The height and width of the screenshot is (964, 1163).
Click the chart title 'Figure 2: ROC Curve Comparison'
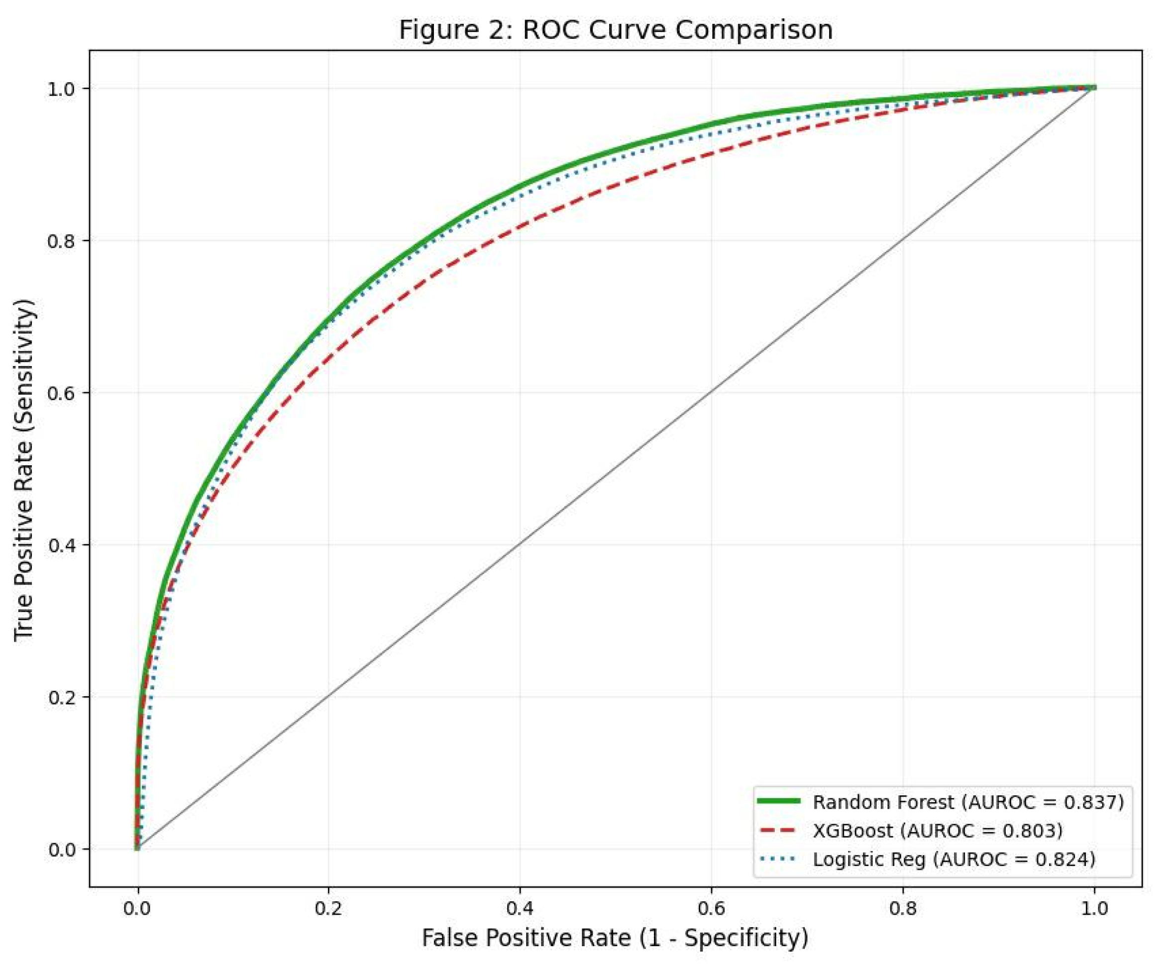615,30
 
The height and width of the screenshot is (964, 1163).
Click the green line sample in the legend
778,801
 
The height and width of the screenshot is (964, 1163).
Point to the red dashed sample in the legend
778,830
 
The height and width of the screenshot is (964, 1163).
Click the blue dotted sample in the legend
778,859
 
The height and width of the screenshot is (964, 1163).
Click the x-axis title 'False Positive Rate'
615,938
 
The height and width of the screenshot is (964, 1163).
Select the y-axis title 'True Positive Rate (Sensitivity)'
24,470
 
